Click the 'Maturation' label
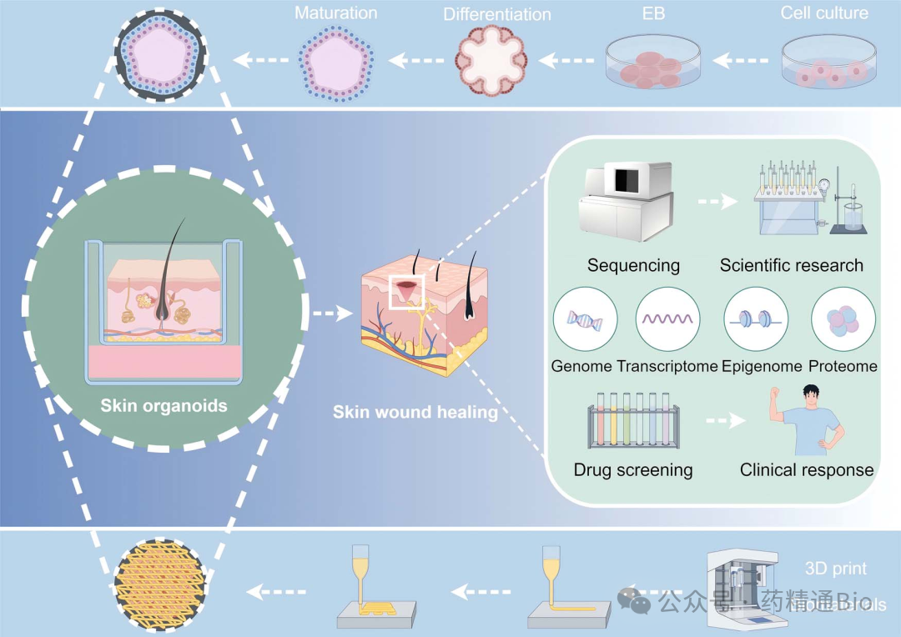(x=337, y=13)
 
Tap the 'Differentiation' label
(x=497, y=15)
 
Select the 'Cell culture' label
(x=824, y=13)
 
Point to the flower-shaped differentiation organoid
(x=492, y=61)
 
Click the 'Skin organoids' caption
(x=164, y=406)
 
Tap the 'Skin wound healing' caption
(x=415, y=413)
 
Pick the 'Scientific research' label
(x=792, y=266)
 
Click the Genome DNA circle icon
(x=585, y=319)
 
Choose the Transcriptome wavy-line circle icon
(x=667, y=319)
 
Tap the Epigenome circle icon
(x=756, y=319)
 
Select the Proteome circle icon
(x=843, y=319)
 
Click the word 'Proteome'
(x=843, y=366)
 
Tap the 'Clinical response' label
(x=807, y=469)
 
